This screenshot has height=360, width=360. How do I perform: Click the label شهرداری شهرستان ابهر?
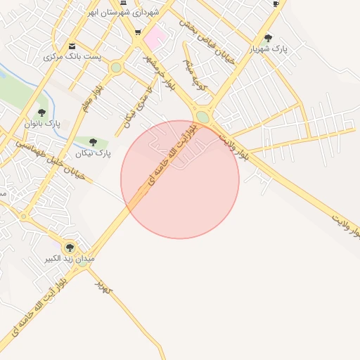pyautogui.click(x=124, y=12)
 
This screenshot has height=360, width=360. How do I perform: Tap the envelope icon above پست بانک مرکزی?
pyautogui.click(x=72, y=46)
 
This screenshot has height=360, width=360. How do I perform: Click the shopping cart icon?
pyautogui.click(x=138, y=32)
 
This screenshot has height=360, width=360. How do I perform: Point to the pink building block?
pyautogui.click(x=155, y=36)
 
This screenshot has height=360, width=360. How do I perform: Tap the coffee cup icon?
pyautogui.click(x=276, y=4)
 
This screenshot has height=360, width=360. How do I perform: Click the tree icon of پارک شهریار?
pyautogui.click(x=268, y=38)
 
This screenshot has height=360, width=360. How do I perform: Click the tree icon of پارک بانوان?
pyautogui.click(x=41, y=112)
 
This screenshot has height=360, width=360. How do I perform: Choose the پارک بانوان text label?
pyautogui.click(x=43, y=124)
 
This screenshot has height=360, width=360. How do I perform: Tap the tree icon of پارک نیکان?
pyautogui.click(x=93, y=142)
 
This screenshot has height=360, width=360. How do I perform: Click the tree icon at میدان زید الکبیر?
pyautogui.click(x=70, y=247)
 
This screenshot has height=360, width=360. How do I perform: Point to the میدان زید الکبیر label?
pyautogui.click(x=70, y=259)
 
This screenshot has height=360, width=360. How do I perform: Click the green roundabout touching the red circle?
pyautogui.click(x=202, y=117)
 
